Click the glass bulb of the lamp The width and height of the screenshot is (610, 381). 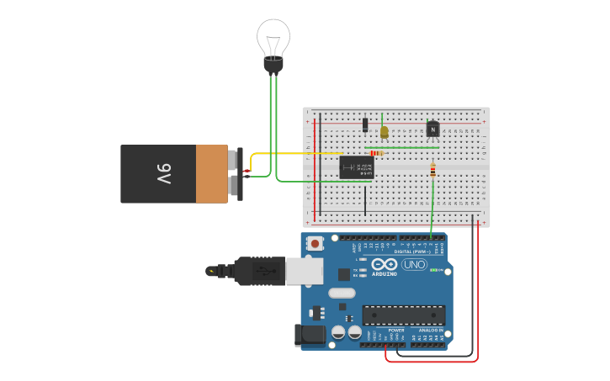pyautogui.click(x=273, y=37)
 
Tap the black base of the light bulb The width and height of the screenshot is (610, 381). pyautogui.click(x=273, y=64)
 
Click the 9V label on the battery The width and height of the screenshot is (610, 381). pyautogui.click(x=163, y=174)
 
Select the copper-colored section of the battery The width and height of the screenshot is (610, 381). pyautogui.click(x=212, y=174)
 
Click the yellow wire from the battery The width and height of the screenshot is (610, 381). pyautogui.click(x=294, y=154)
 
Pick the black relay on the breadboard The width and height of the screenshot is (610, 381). pyautogui.click(x=356, y=167)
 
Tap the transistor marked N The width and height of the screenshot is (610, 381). pyautogui.click(x=432, y=129)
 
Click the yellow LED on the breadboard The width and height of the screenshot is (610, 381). pyautogui.click(x=384, y=132)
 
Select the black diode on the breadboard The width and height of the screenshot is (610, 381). pyautogui.click(x=365, y=124)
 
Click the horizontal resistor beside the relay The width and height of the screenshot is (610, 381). pyautogui.click(x=376, y=153)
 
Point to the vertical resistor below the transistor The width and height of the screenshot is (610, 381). pyautogui.click(x=432, y=171)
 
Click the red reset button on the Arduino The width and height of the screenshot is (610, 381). pyautogui.click(x=315, y=244)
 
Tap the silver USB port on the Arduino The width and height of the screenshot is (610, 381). pyautogui.click(x=305, y=271)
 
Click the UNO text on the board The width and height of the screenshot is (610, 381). pyautogui.click(x=414, y=264)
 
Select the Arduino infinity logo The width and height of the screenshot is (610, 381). pyautogui.click(x=385, y=264)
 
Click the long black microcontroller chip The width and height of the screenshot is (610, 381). pyautogui.click(x=403, y=315)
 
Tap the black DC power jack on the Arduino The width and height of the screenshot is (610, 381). pyautogui.click(x=310, y=334)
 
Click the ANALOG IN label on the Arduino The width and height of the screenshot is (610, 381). pyautogui.click(x=430, y=331)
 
